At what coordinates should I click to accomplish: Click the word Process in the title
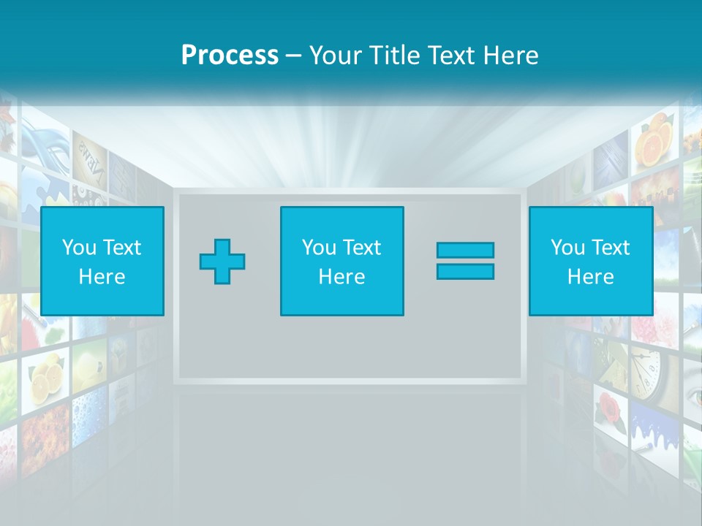[x=230, y=55]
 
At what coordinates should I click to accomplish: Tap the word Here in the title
[x=510, y=56]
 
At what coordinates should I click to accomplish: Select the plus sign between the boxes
[x=222, y=261]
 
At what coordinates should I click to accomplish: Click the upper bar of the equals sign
[x=465, y=250]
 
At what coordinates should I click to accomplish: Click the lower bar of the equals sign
[x=465, y=272]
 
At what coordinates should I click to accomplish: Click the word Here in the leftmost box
[x=102, y=277]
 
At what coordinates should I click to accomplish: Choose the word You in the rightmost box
[x=567, y=248]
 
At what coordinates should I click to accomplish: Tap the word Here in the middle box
[x=341, y=277]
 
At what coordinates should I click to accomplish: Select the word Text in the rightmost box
[x=611, y=248]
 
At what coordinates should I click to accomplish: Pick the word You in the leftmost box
[x=79, y=248]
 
